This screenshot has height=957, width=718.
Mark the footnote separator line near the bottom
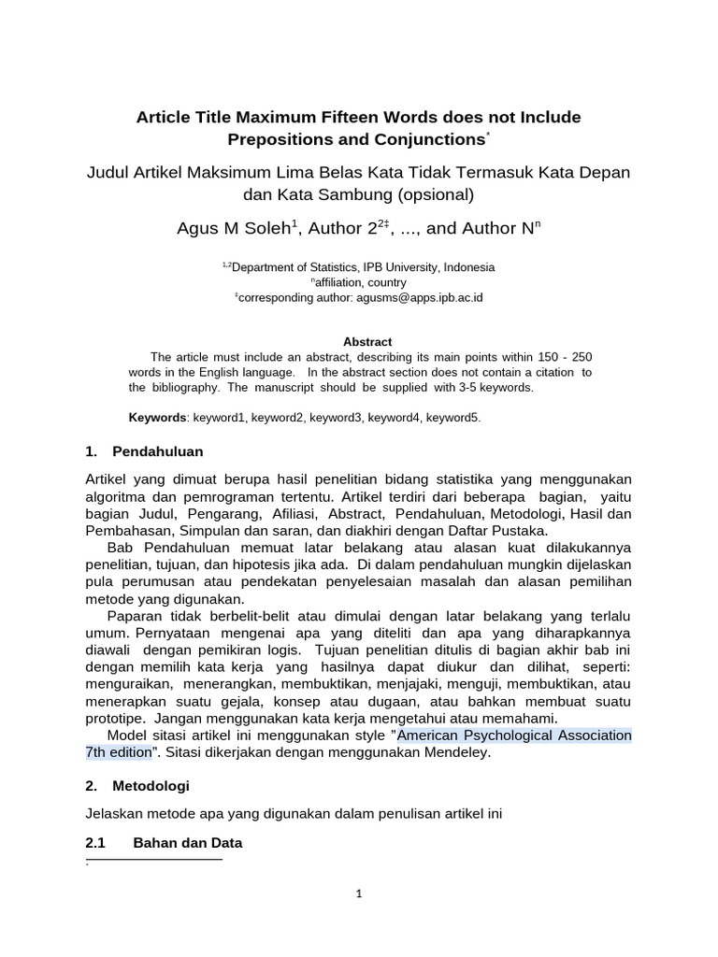[x=153, y=859]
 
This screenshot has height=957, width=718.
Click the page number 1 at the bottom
[x=359, y=893]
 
